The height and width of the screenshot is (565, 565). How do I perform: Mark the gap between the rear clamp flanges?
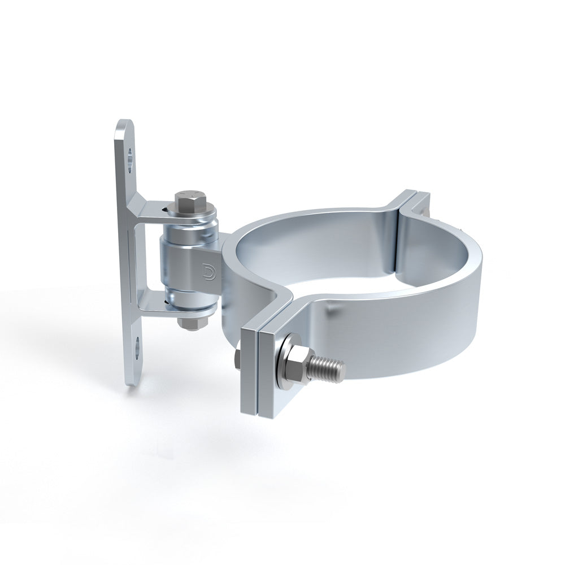point(416,198)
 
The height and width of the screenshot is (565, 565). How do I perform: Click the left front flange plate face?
point(249,373)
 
